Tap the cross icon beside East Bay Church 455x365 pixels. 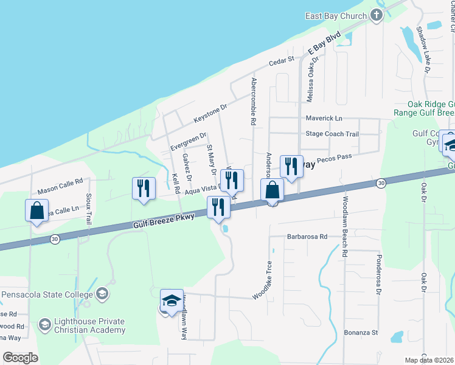[x=376, y=15]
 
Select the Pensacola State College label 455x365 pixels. [x=46, y=294]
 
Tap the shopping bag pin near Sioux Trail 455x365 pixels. [x=37, y=210]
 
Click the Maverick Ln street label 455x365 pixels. [x=324, y=117]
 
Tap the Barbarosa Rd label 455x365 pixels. [x=307, y=237]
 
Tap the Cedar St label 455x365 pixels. [x=282, y=62]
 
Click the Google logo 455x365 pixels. [x=21, y=358]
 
